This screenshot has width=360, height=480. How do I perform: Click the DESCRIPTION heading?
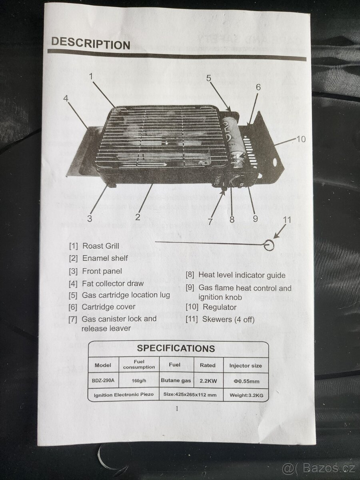90,43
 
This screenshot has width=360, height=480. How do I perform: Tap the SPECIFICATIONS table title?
176,348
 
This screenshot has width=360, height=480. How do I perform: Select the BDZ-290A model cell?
103,380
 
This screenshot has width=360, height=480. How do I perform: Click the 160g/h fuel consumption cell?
139,380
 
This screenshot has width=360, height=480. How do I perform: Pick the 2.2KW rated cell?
208,381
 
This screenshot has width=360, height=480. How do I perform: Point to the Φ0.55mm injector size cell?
246,381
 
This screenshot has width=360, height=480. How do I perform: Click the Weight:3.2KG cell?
246,395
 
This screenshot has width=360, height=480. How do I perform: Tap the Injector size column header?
246,366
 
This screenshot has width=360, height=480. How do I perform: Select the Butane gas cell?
176,380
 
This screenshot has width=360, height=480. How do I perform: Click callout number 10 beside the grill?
301,139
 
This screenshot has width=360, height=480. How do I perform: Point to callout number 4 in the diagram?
66,98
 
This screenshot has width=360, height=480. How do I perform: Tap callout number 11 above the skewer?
287,220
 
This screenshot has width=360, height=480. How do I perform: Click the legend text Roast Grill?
101,246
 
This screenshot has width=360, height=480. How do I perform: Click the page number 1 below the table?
177,408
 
